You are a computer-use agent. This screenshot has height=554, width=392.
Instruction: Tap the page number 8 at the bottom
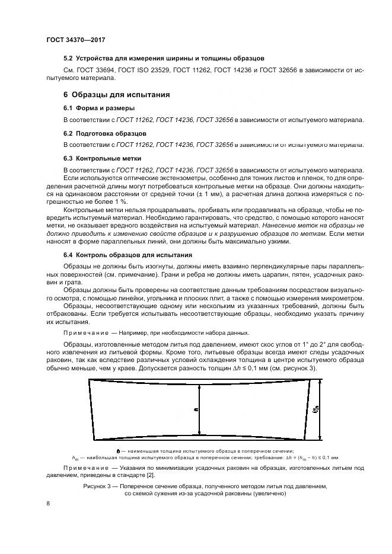click(x=48, y=504)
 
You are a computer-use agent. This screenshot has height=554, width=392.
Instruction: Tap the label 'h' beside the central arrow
click(x=194, y=409)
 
